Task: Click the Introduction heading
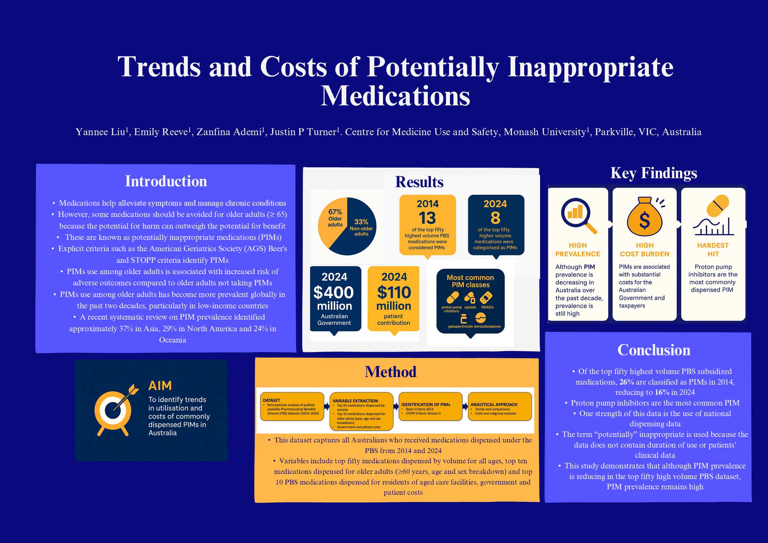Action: pyautogui.click(x=166, y=181)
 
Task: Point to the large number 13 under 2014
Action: pyautogui.click(x=427, y=218)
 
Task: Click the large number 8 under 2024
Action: pyautogui.click(x=495, y=218)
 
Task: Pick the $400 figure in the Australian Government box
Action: pyautogui.click(x=334, y=293)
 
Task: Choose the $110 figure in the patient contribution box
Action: pyautogui.click(x=394, y=293)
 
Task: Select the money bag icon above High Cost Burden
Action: pyautogui.click(x=644, y=217)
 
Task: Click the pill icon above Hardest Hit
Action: pyautogui.click(x=718, y=206)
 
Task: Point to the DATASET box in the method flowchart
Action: pyautogui.click(x=292, y=406)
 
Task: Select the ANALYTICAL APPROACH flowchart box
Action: pyautogui.click(x=500, y=406)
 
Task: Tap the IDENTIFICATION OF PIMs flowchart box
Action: pyautogui.click(x=430, y=406)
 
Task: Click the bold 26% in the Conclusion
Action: pyautogui.click(x=626, y=382)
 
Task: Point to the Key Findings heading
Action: pyautogui.click(x=654, y=173)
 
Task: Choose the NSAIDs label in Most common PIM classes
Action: pyautogui.click(x=487, y=307)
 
